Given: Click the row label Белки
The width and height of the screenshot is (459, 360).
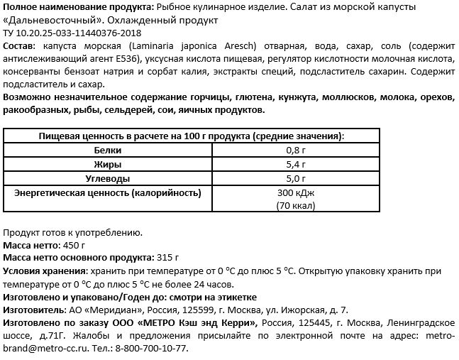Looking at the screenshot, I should coord(108,151).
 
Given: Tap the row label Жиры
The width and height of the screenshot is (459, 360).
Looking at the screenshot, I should coord(108,164).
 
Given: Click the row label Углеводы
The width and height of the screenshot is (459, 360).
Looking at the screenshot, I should coord(108,178).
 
